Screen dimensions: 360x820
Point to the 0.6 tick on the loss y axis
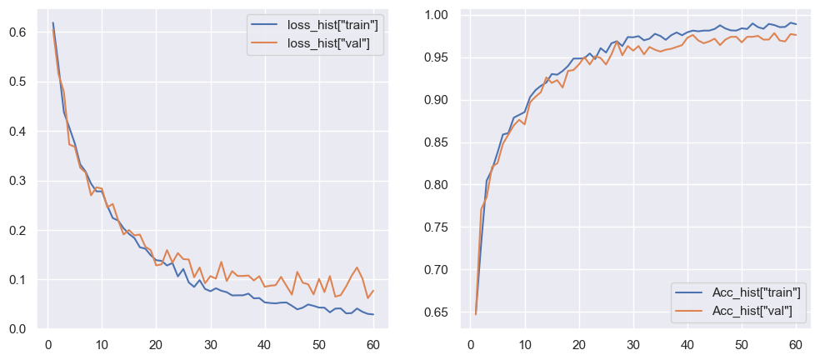[x=18, y=32]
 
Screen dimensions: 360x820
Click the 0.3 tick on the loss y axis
[x=18, y=181]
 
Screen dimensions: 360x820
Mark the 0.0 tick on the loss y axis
[x=18, y=329]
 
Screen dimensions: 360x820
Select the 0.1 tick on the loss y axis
[x=18, y=280]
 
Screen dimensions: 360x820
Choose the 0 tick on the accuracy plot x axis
[x=465, y=345]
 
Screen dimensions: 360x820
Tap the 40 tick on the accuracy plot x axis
[x=687, y=345]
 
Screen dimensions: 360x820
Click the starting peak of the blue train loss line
[x=52, y=22]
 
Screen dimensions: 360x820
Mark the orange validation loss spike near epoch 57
[x=357, y=267]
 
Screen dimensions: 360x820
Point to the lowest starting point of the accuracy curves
[x=476, y=314]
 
